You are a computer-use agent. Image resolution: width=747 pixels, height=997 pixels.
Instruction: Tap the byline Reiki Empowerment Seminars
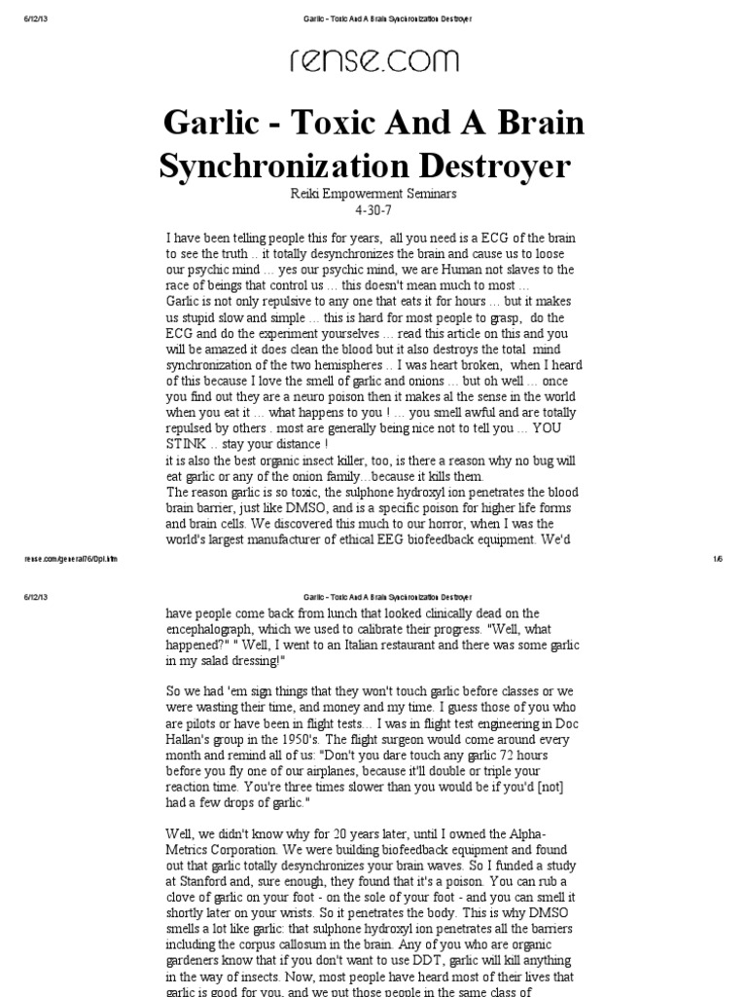[x=373, y=194]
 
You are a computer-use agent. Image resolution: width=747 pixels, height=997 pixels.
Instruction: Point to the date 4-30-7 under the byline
[x=373, y=210]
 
